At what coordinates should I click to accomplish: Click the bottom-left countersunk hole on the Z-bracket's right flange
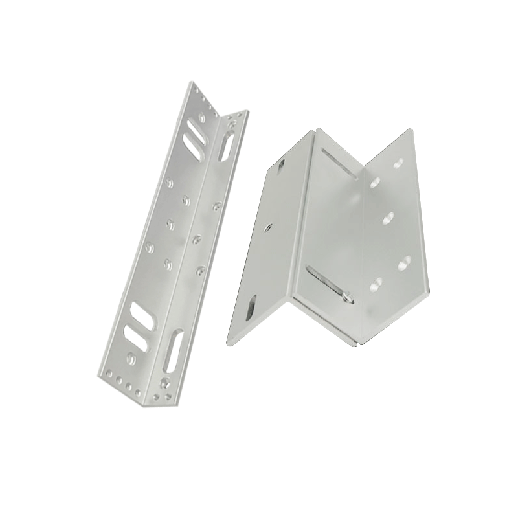(374, 283)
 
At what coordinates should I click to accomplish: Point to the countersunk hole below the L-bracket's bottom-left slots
(131, 355)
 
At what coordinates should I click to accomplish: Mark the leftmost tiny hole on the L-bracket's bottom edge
(103, 373)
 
